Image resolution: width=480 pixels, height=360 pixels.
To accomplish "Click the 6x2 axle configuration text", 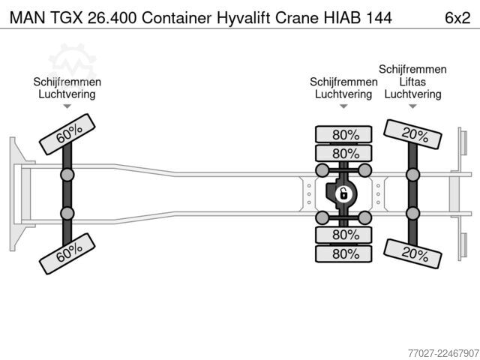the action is (x=457, y=18).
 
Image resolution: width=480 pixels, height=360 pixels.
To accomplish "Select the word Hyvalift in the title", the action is (x=243, y=18).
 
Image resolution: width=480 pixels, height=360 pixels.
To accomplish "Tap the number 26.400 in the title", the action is (x=112, y=18).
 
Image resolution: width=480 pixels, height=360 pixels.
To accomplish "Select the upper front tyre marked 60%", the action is (x=67, y=134).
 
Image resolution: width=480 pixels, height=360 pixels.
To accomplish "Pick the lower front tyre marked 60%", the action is (x=67, y=253).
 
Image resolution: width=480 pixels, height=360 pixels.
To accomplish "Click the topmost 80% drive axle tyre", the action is (x=343, y=134).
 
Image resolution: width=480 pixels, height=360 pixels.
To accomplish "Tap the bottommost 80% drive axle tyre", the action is (x=343, y=253).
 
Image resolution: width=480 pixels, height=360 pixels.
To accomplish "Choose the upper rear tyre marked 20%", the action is (x=412, y=134).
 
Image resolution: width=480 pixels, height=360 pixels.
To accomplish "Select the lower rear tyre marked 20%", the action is (x=412, y=253).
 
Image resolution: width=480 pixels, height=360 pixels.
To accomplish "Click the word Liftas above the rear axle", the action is (x=412, y=82).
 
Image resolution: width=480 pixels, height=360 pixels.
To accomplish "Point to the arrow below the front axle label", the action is (x=67, y=106).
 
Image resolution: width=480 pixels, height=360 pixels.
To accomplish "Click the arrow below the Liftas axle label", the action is (x=412, y=106).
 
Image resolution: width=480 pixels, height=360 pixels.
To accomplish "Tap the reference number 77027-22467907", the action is (x=443, y=353).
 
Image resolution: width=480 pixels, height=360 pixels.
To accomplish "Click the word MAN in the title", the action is (x=27, y=18).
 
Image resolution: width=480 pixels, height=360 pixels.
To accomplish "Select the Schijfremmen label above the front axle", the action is (x=67, y=82).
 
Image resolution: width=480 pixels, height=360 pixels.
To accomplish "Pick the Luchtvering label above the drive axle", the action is (x=343, y=94).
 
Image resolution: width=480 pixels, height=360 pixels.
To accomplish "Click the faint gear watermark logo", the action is (x=72, y=63).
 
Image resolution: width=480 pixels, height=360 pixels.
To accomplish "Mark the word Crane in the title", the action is (x=297, y=18).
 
